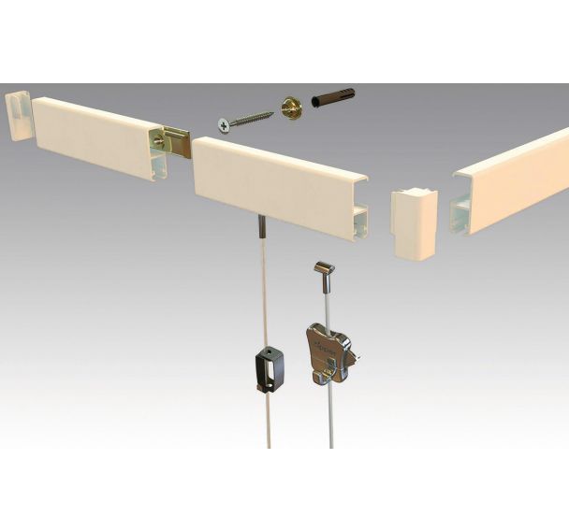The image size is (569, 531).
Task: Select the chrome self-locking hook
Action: [x=328, y=351]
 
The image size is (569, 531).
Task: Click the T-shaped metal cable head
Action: [x=325, y=271]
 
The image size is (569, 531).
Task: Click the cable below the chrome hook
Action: [x=322, y=421]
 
